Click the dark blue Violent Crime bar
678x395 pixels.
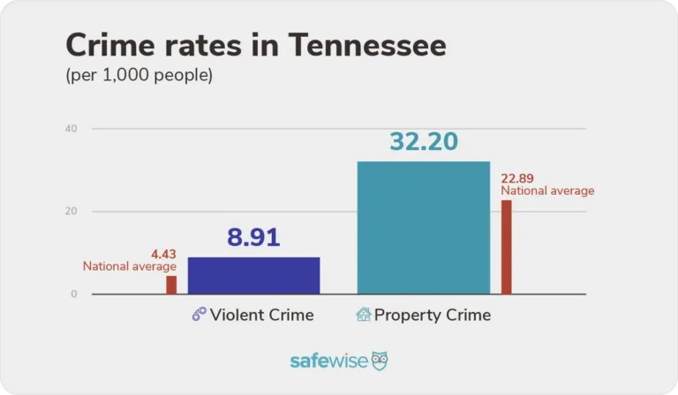click(x=253, y=275)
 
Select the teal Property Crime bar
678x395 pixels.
click(x=423, y=227)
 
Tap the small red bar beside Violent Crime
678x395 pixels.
click(x=171, y=285)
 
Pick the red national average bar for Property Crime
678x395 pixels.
click(x=506, y=247)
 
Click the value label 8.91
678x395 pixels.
click(x=253, y=238)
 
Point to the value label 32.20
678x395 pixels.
click(x=423, y=142)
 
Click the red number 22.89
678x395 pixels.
click(x=518, y=179)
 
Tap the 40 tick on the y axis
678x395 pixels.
click(x=72, y=129)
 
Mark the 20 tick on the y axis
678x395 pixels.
click(x=72, y=212)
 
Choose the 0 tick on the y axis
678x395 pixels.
click(x=74, y=294)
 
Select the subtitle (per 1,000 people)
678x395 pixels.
click(x=139, y=76)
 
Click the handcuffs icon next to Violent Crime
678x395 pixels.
click(x=199, y=315)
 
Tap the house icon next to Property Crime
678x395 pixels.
click(x=363, y=314)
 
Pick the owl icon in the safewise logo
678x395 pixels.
click(x=379, y=361)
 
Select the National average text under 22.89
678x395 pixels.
click(x=547, y=190)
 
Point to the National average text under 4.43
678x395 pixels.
click(x=130, y=266)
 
